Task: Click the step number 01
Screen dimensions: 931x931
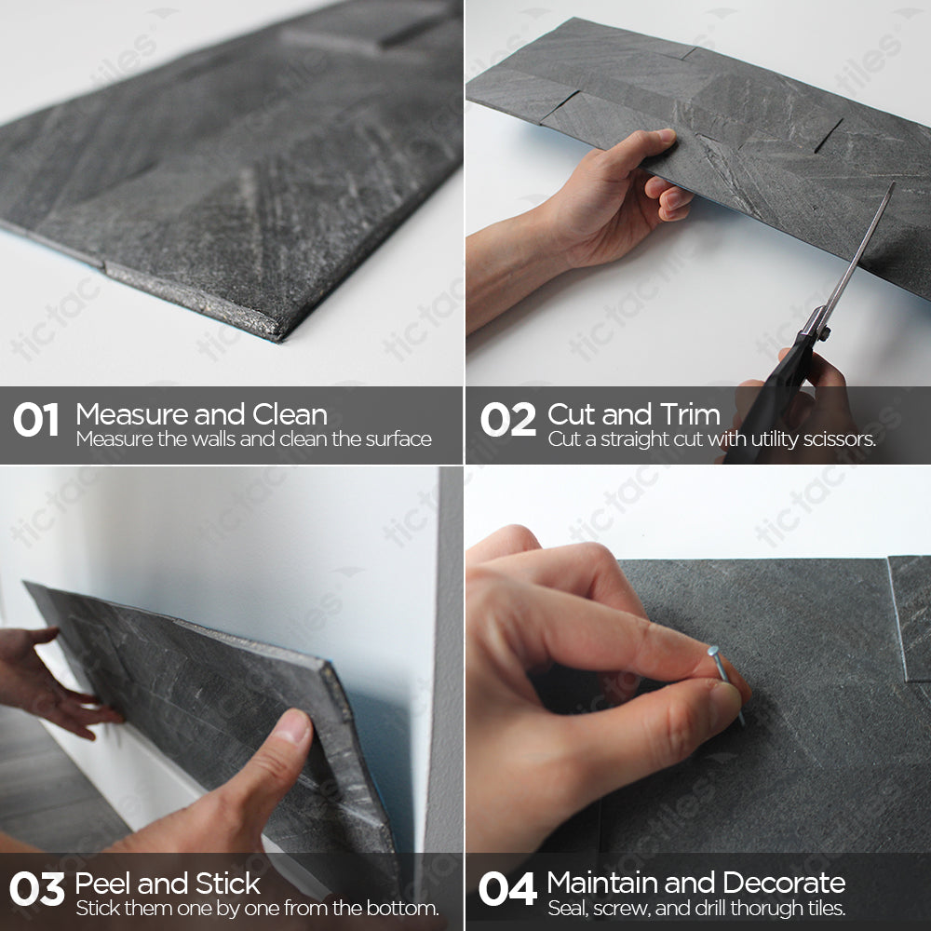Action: tap(35, 421)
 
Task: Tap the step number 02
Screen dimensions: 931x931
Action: tap(507, 421)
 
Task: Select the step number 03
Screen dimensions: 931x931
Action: tap(36, 890)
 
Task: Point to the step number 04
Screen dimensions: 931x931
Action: tap(506, 890)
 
